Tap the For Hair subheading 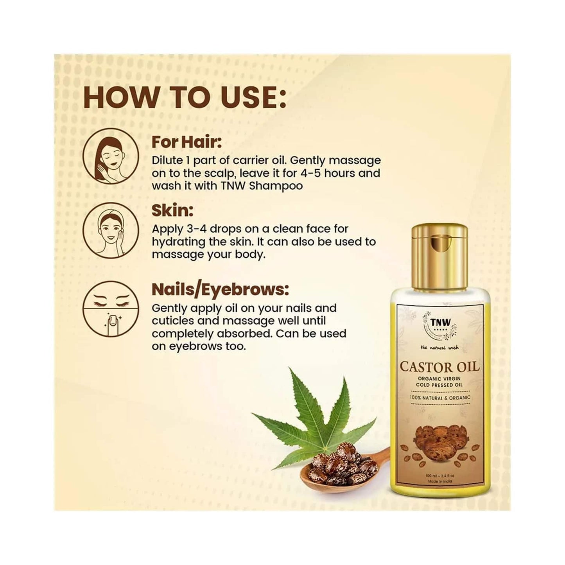(187, 142)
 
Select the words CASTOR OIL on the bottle (439, 368)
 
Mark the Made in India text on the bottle (439, 481)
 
